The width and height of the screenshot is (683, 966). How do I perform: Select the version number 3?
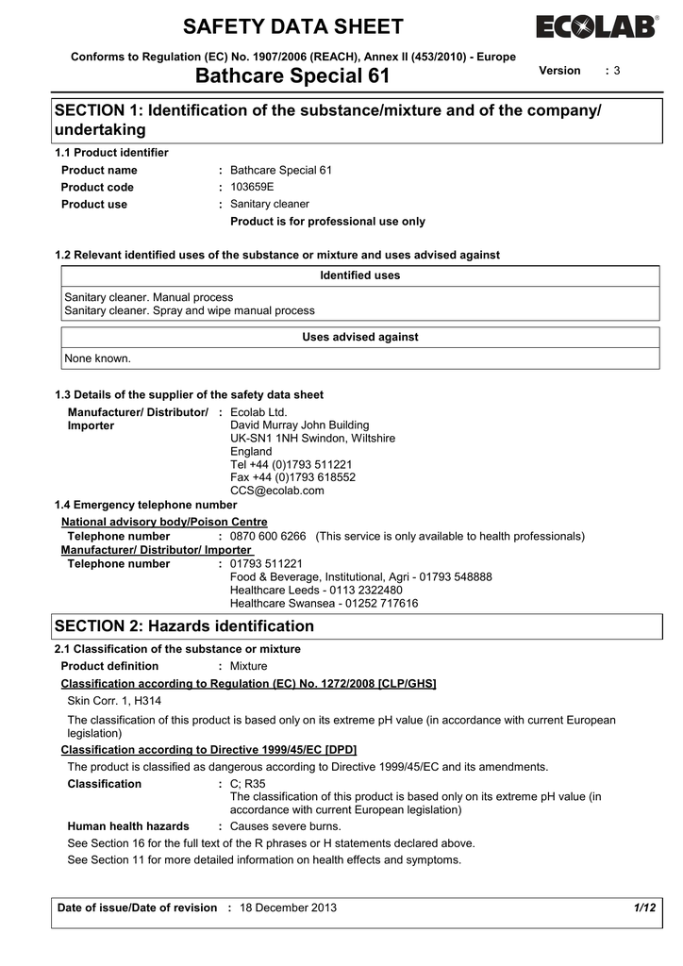tap(616, 71)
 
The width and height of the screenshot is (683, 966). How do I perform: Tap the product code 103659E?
tap(252, 187)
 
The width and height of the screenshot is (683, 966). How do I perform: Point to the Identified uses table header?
tap(360, 275)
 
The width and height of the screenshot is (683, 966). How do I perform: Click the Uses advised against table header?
tap(360, 337)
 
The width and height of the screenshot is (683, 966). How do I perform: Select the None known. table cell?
tap(98, 358)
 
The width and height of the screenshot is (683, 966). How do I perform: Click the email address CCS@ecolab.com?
tap(277, 491)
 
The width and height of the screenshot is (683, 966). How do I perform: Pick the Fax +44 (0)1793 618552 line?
tap(293, 477)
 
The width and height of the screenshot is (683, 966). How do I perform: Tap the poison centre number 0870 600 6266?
tap(269, 536)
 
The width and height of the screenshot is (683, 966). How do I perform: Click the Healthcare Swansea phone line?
tap(325, 603)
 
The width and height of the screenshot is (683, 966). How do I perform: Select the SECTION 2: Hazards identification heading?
tap(185, 626)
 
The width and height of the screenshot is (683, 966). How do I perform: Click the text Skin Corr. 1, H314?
tap(114, 701)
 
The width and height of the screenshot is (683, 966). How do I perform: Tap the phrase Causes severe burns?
tap(286, 825)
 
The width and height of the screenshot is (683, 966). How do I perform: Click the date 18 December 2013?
tap(289, 908)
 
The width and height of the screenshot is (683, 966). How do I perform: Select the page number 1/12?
tap(645, 908)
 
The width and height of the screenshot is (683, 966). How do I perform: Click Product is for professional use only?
tap(328, 222)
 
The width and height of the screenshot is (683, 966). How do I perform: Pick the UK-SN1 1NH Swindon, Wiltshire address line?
tap(313, 439)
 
